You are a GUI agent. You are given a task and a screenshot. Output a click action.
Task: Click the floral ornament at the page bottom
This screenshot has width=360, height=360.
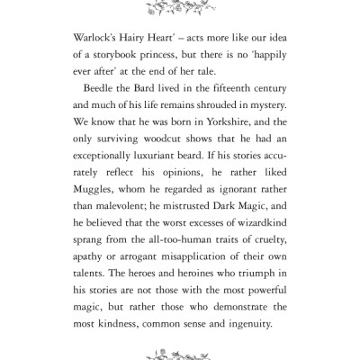click(180, 351)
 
